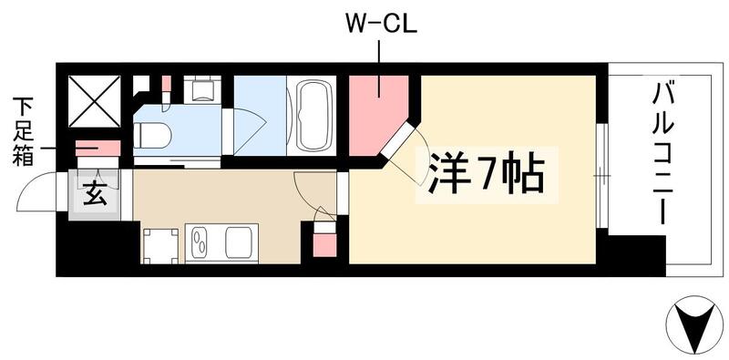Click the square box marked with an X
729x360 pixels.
[95, 98]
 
